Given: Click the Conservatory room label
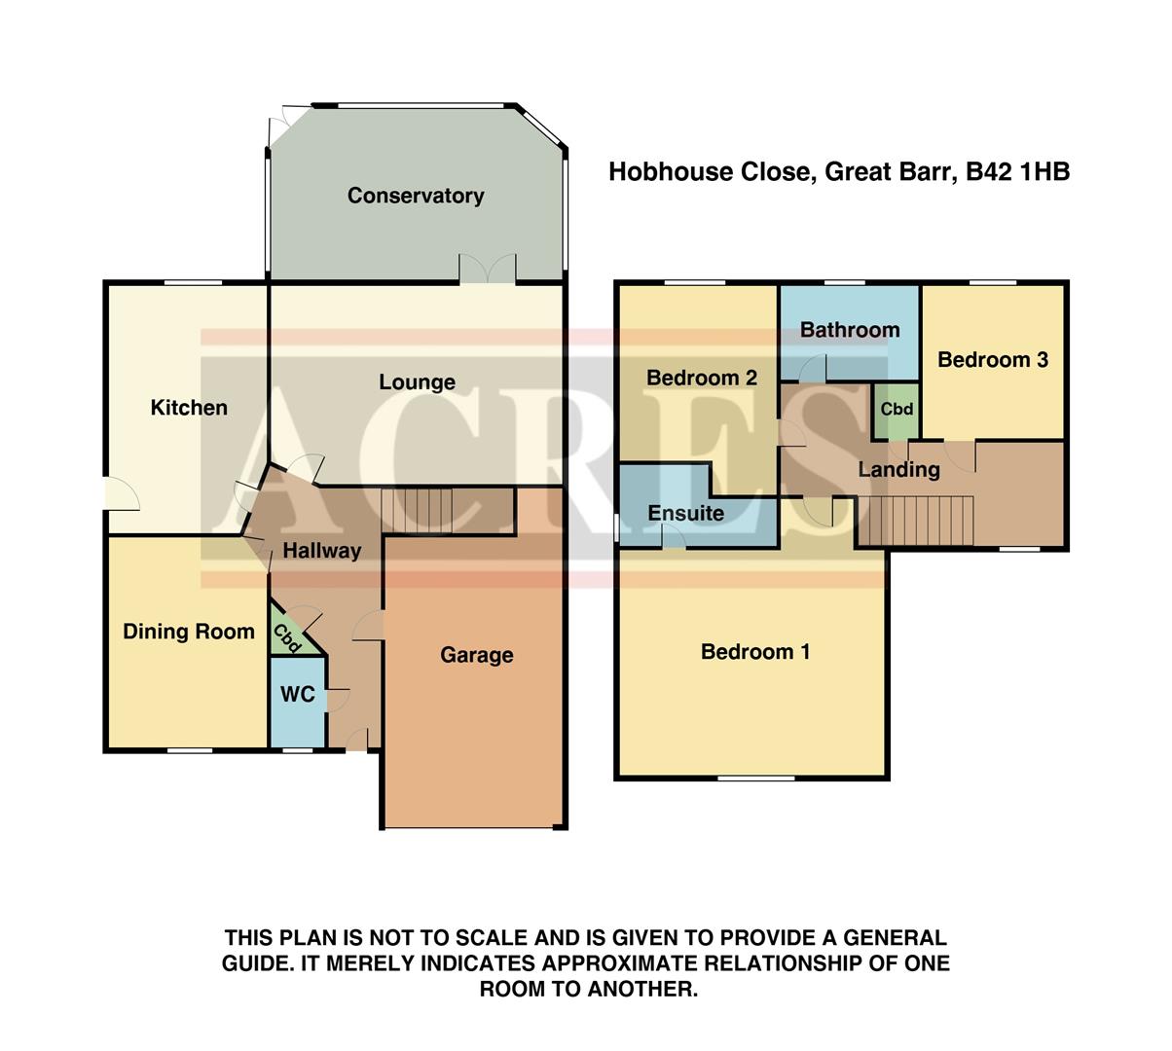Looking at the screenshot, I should click(x=416, y=196).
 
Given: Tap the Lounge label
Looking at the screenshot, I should click(x=417, y=382).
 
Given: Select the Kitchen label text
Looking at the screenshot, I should click(x=189, y=408).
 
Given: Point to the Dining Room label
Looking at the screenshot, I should click(x=188, y=632).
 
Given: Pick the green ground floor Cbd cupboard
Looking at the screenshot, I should click(x=288, y=635).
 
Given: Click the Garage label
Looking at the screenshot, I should click(x=476, y=655).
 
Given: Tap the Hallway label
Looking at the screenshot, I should click(x=321, y=551).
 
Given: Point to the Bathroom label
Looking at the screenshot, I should click(x=850, y=330).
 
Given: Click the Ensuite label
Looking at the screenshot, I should click(x=685, y=513).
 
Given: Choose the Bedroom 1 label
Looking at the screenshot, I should click(x=754, y=652).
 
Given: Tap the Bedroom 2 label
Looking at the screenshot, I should click(x=701, y=378).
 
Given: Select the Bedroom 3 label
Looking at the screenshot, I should click(x=992, y=360).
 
